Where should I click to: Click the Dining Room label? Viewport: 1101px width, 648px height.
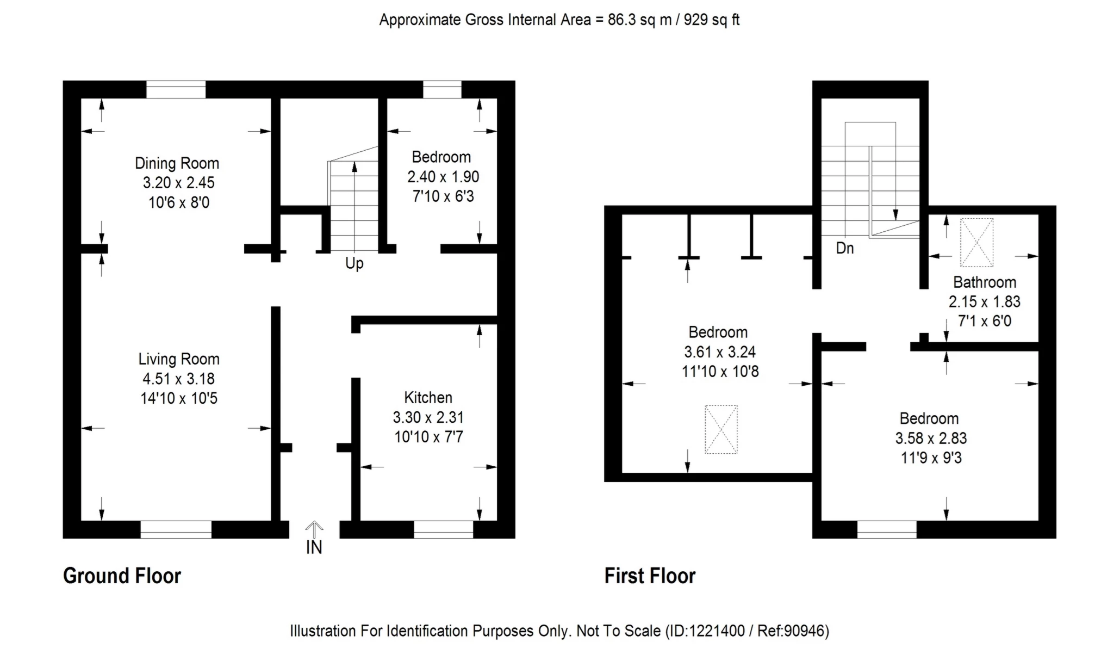[x=177, y=163]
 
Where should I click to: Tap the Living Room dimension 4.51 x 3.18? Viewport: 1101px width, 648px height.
[x=178, y=379]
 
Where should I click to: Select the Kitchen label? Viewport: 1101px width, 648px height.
[x=428, y=398]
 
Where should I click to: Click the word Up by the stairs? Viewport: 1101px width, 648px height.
[x=354, y=264]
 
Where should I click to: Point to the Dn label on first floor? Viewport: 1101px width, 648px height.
[x=844, y=249]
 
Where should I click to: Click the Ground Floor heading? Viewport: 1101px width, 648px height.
[x=122, y=576]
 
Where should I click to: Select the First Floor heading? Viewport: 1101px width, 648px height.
[x=650, y=576]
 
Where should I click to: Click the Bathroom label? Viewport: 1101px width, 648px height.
[x=984, y=282]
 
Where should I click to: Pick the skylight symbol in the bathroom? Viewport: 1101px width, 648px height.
[x=976, y=243]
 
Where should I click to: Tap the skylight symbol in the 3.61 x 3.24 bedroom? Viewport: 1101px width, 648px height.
[x=721, y=429]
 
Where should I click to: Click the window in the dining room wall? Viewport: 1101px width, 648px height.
[x=176, y=90]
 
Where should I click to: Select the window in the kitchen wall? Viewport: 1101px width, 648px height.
[x=443, y=529]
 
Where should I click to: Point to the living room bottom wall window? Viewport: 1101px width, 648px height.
[x=176, y=529]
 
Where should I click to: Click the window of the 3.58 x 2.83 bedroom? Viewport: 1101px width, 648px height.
[x=886, y=529]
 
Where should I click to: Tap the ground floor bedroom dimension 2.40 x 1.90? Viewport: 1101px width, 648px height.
[x=443, y=177]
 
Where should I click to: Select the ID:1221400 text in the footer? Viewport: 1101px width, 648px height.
[x=705, y=631]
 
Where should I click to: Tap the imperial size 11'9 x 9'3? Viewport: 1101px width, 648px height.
[x=931, y=458]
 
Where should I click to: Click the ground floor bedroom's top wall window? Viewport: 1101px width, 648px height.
[x=442, y=90]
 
